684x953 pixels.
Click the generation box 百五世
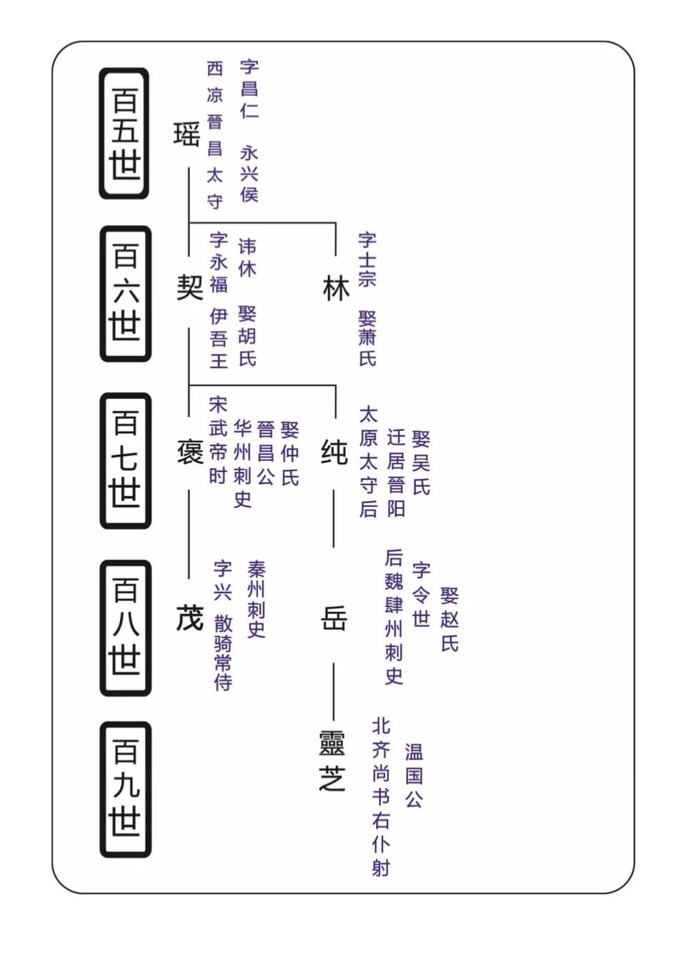124,134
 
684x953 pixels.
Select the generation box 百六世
125,293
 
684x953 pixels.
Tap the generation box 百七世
125,460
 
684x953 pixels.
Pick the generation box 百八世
125,627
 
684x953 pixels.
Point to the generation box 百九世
125,789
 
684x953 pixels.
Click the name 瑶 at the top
187,134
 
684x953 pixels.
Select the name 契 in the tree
189,287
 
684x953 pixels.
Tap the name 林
336,288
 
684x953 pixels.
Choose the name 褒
189,452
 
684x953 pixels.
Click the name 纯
334,452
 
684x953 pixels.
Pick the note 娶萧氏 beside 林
367,338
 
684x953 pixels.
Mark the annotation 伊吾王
219,338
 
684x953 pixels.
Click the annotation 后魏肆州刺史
394,616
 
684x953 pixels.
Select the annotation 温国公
414,775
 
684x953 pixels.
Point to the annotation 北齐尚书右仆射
381,796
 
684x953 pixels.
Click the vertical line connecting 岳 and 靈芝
333,691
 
